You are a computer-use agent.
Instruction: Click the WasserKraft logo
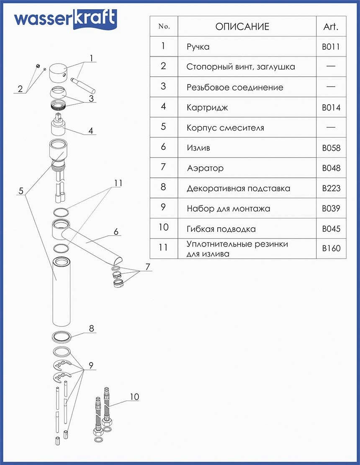(x=65, y=19)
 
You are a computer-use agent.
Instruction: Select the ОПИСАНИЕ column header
(x=242, y=27)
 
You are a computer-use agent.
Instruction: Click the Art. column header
(x=331, y=27)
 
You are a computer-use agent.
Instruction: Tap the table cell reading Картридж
(x=208, y=108)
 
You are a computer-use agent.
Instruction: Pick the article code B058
(x=331, y=148)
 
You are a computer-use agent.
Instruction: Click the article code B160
(x=331, y=248)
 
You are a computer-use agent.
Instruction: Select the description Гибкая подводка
(x=221, y=229)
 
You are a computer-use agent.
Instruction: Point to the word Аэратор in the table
(x=205, y=168)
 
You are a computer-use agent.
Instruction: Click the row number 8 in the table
(x=163, y=187)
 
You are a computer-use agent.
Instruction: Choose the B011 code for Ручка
(x=331, y=47)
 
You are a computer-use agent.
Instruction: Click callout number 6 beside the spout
(x=116, y=231)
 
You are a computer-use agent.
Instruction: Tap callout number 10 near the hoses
(x=134, y=396)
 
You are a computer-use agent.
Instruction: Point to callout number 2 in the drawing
(x=20, y=89)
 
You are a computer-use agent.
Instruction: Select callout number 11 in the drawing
(x=118, y=183)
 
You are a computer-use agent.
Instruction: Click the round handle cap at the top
(x=59, y=74)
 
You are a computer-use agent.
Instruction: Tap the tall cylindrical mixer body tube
(x=62, y=293)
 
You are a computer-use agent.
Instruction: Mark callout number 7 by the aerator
(x=147, y=266)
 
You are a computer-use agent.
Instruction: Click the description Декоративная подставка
(x=238, y=188)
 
